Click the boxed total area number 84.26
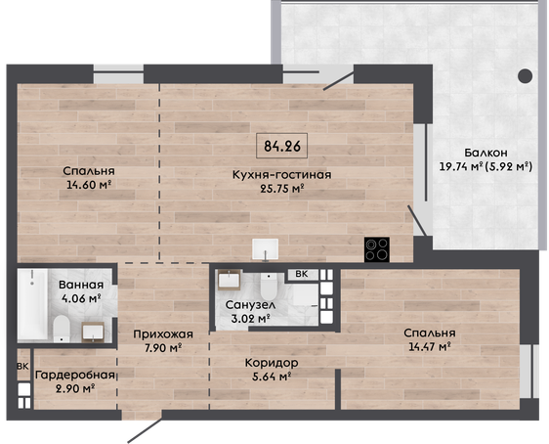pos(282,146)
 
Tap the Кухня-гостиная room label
pos(282,174)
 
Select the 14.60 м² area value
pos(89,184)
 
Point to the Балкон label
pos(486,153)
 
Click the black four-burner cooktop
pos(377,249)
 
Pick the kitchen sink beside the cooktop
pos(266,249)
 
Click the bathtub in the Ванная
pos(32,304)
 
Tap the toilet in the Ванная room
pos(62,329)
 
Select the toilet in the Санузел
pos(269,287)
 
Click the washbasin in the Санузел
pos(230,280)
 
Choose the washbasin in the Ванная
pos(93,332)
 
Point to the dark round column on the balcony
pos(526,75)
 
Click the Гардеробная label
pos(75,376)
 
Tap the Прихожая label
pos(163,334)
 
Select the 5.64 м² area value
pos(272,377)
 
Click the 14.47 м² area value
pos(430,346)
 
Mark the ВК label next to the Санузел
pos(302,274)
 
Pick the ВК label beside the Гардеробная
pos(23,367)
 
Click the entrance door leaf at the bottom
pos(145,430)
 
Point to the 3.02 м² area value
pos(250,319)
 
